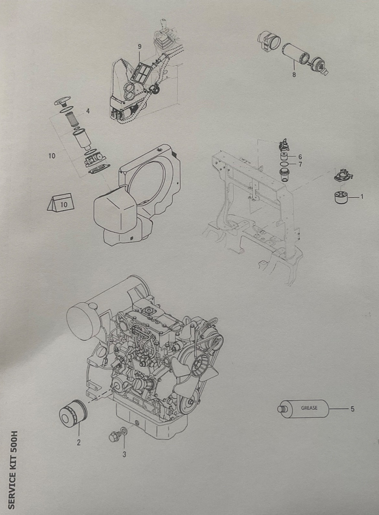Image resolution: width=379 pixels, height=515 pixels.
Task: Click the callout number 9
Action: coord(140,47)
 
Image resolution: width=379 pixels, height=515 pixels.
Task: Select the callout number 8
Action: coord(294,75)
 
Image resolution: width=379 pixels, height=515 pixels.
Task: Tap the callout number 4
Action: coord(88,111)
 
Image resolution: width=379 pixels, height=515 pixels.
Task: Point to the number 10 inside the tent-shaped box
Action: coord(64,204)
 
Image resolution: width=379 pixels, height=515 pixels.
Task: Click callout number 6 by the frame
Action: coord(300,157)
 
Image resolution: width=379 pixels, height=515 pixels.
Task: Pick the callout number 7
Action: coord(300,164)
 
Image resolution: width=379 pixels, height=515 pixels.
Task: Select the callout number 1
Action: coord(362,197)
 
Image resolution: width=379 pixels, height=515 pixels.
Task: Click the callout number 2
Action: coord(78,443)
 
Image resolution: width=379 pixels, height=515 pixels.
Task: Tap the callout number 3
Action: coord(124,454)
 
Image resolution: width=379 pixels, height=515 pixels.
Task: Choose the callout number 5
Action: coord(352,409)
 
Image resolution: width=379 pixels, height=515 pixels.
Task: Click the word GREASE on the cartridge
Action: coord(309,408)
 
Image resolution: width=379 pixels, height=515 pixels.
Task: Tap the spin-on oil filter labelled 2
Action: coord(73,414)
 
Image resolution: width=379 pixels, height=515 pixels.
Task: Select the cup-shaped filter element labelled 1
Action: coord(341,197)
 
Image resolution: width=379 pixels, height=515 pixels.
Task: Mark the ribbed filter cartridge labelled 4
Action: coord(73,119)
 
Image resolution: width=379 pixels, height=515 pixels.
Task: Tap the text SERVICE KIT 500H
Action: coord(12,470)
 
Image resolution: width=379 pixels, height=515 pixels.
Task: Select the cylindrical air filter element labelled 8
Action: coord(295,54)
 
